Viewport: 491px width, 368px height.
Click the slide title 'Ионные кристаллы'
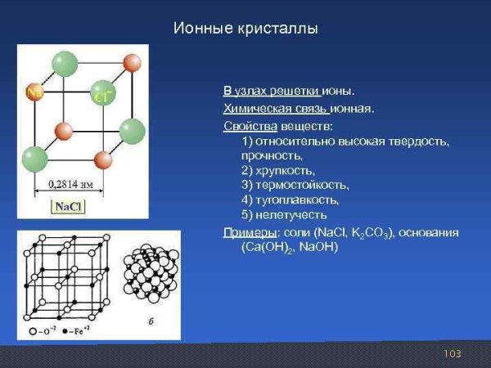pyautogui.click(x=245, y=29)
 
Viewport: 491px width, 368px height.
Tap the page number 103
pyautogui.click(x=452, y=353)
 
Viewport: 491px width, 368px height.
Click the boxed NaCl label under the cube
pyautogui.click(x=68, y=207)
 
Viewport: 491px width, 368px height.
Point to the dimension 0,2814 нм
pyautogui.click(x=70, y=182)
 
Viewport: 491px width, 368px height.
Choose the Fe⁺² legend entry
pyautogui.click(x=79, y=331)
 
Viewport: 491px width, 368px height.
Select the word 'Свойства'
pyautogui.click(x=246, y=127)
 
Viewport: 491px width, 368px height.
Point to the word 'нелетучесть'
pyautogui.click(x=291, y=215)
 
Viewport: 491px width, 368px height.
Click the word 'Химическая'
pyautogui.click(x=252, y=108)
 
